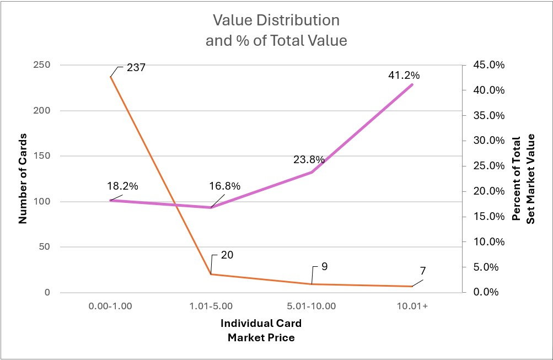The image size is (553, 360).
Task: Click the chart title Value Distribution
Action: tap(276, 22)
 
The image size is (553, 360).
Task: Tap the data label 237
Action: tap(136, 68)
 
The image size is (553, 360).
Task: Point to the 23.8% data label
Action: tap(309, 160)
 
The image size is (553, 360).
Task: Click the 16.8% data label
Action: tap(224, 186)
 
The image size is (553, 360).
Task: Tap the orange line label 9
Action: tap(324, 266)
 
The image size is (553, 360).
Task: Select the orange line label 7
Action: tap(422, 271)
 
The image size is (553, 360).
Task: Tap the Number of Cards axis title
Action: tap(23, 179)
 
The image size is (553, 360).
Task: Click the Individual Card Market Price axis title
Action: tap(261, 330)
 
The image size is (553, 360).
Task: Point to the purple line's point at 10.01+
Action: tap(412, 84)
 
